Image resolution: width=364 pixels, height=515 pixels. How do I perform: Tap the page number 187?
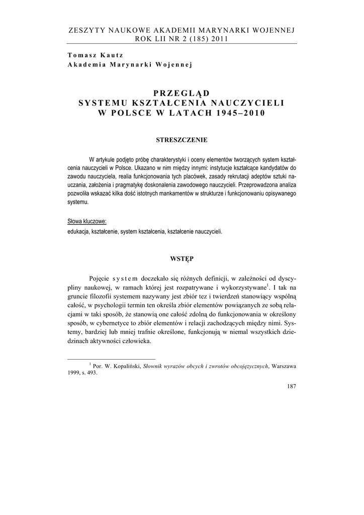(x=290, y=386)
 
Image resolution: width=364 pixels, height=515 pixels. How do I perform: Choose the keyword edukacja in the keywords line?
(x=78, y=232)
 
